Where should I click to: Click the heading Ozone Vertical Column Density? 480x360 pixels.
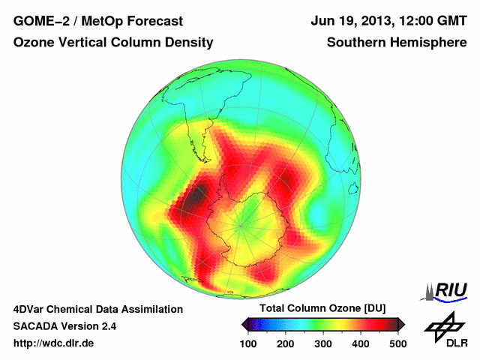113,43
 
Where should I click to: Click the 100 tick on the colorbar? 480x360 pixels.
249,343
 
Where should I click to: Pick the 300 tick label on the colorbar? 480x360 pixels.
323,343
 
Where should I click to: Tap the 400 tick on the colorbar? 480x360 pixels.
360,343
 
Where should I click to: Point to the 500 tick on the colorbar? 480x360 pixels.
397,343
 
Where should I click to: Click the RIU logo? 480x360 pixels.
447,289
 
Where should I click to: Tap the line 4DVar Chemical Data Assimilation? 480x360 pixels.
97,309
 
